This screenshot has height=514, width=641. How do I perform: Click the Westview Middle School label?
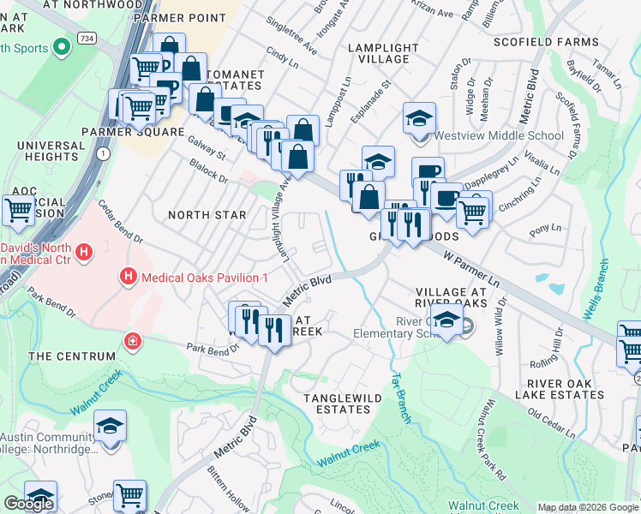tap(499, 135)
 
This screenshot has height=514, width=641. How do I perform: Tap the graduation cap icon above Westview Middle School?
tap(420, 118)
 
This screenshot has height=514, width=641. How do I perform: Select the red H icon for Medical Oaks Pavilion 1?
tap(128, 277)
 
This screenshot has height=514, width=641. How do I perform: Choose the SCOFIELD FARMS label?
tap(546, 41)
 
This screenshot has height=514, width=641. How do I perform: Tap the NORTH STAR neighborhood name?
tap(207, 215)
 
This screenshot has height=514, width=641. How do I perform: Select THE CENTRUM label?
tap(71, 356)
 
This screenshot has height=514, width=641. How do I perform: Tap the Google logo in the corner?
tap(28, 504)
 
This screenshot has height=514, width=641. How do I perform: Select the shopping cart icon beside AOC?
tap(18, 209)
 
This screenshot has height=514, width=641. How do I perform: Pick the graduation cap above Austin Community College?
tap(110, 426)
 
